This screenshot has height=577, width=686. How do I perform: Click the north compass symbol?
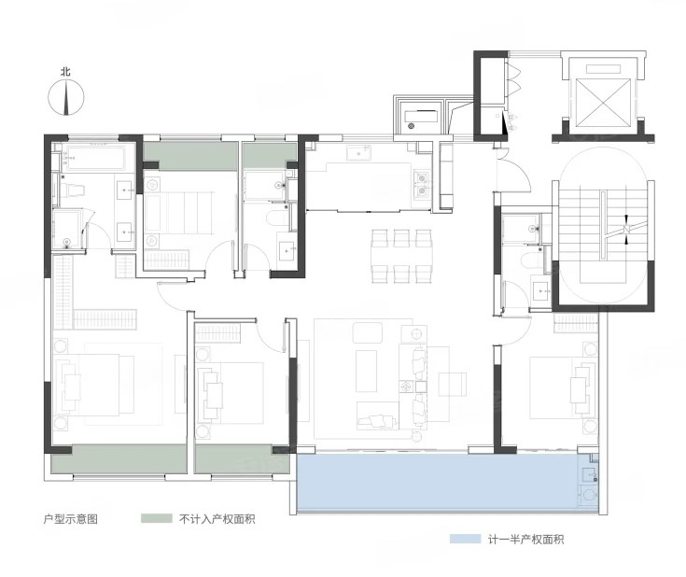tap(65, 98)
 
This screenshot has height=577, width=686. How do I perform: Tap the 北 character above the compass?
tap(65, 71)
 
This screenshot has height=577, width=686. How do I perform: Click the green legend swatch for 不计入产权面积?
tap(156, 518)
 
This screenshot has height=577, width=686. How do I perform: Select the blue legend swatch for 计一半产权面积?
tap(465, 539)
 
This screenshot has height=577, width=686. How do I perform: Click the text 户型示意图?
tap(70, 519)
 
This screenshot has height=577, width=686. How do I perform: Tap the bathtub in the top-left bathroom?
tap(95, 157)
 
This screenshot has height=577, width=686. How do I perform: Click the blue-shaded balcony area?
tap(437, 482)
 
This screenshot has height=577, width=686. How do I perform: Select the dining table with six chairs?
tap(401, 256)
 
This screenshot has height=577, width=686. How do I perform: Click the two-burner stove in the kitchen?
tap(422, 184)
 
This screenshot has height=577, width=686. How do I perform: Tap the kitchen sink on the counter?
tap(358, 153)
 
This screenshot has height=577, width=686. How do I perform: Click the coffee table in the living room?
tap(366, 371)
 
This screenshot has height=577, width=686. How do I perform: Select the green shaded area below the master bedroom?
tap(119, 458)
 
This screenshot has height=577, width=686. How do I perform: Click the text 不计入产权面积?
tap(217, 519)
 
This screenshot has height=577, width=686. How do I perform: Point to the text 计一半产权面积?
tap(525, 540)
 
